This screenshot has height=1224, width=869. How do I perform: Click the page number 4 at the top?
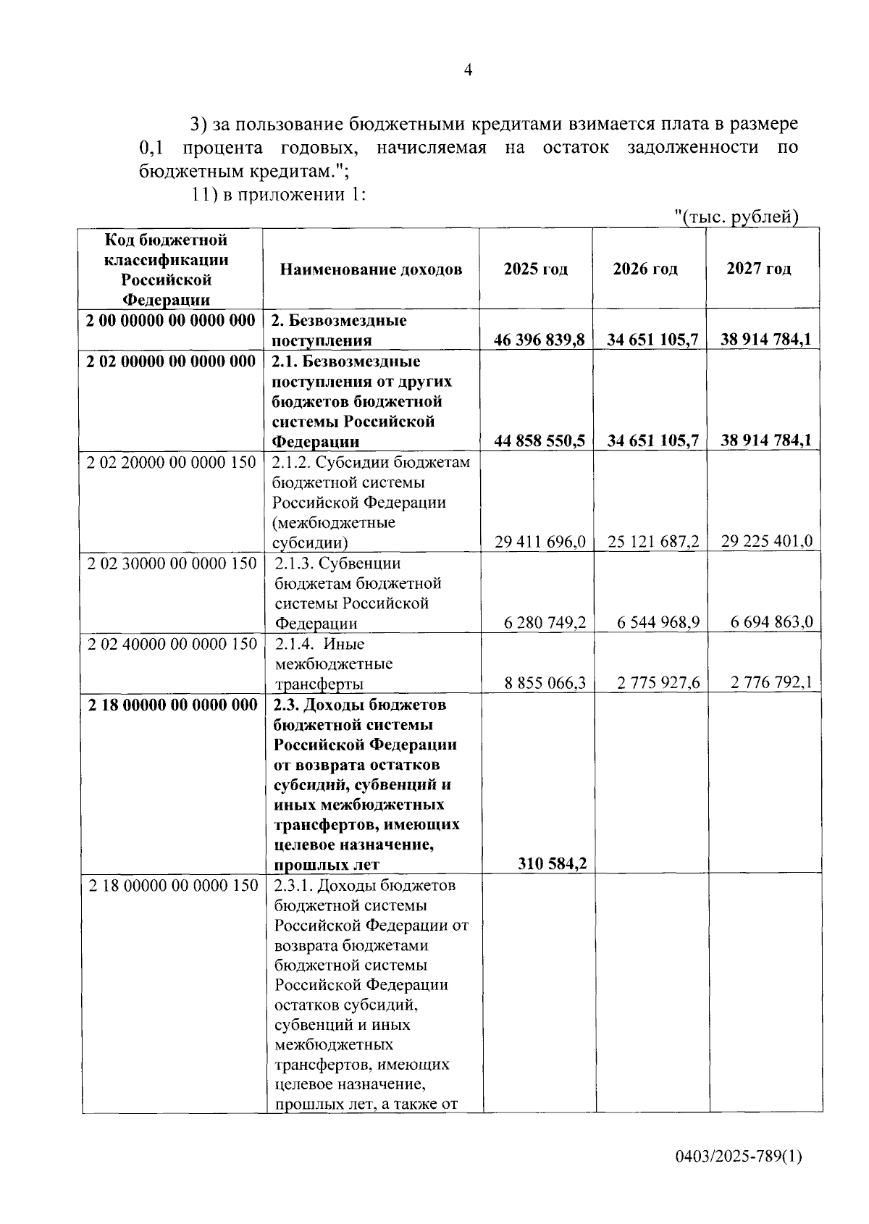click(x=468, y=70)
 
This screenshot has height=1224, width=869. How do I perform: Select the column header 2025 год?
click(x=536, y=269)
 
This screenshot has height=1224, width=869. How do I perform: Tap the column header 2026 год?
click(x=645, y=269)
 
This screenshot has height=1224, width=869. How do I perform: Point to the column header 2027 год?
click(x=759, y=269)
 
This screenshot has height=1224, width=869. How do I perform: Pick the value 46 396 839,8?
click(x=540, y=340)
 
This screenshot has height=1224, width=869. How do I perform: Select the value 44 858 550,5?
click(x=540, y=440)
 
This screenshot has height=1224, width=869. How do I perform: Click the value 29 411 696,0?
click(x=540, y=541)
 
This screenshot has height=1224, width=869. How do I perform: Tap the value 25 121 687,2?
click(x=653, y=541)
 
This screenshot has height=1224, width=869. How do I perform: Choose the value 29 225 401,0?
click(x=767, y=541)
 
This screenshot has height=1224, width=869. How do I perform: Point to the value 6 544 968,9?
click(x=658, y=622)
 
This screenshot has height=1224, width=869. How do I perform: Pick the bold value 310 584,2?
click(x=553, y=863)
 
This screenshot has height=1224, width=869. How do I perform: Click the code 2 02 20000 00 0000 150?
click(x=172, y=462)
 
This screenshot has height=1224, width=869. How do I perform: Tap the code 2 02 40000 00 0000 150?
click(x=172, y=644)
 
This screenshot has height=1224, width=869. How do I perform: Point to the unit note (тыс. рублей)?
click(x=736, y=217)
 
